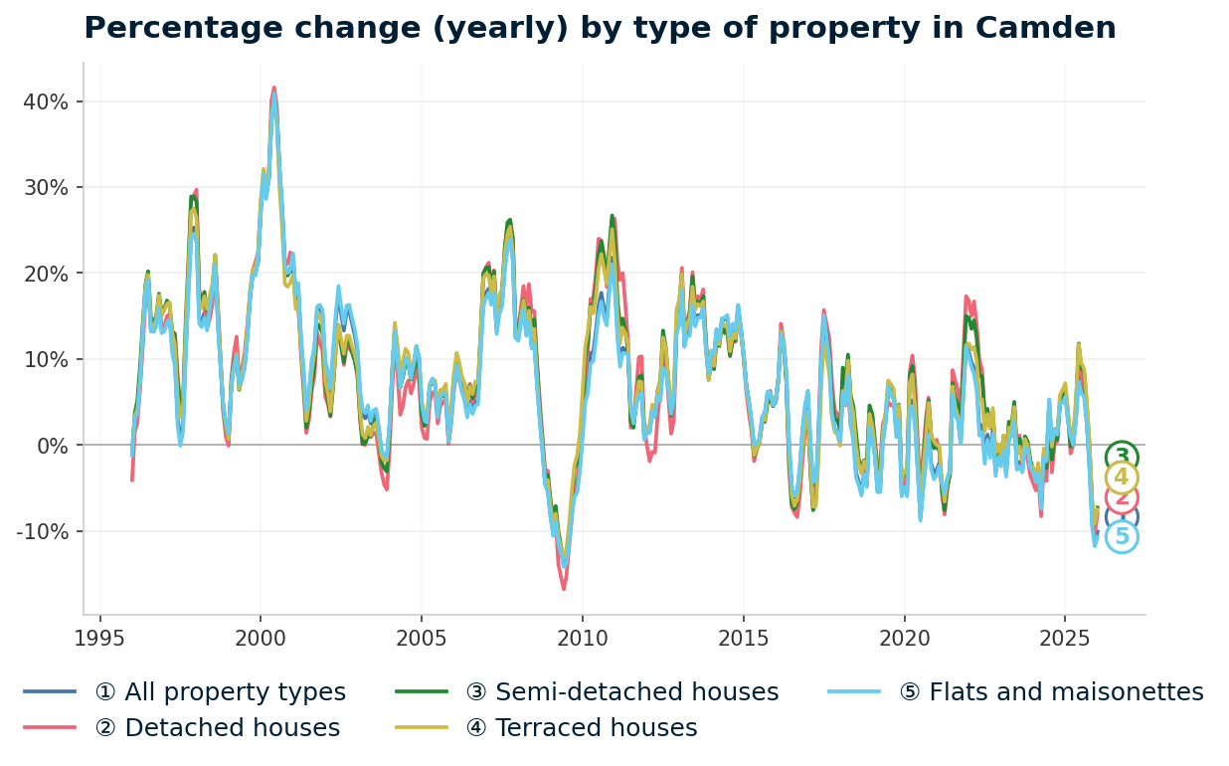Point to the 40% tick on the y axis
[46, 101]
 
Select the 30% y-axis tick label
[46, 188]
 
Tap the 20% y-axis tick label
[46, 274]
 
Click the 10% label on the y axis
[46, 359]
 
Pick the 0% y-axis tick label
[52, 446]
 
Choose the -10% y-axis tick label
[42, 531]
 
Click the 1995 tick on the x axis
[99, 638]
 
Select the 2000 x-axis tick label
[261, 638]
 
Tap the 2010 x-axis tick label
[583, 638]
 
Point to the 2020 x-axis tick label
[904, 638]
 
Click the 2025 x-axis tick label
[1065, 638]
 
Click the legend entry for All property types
[219, 692]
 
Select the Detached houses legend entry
[217, 728]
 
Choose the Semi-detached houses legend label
[621, 692]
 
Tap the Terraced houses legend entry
[581, 728]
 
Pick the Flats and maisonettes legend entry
[1050, 692]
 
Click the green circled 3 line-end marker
[1122, 457]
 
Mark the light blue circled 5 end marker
[1122, 537]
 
